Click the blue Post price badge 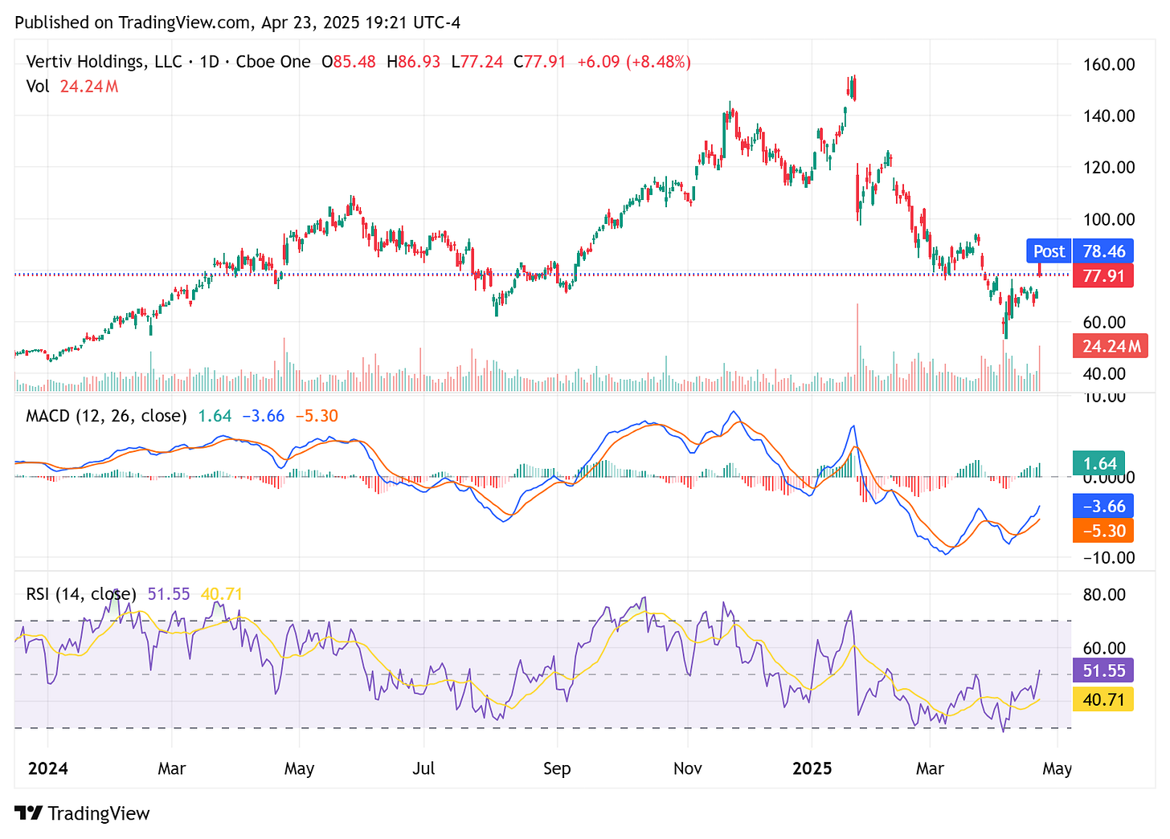(x=1080, y=251)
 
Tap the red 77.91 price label (x=1103, y=276)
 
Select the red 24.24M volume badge (x=1111, y=347)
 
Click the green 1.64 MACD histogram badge (x=1099, y=464)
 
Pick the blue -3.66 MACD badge (x=1103, y=507)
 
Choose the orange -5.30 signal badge (x=1103, y=531)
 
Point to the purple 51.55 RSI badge (x=1103, y=670)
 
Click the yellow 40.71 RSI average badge (x=1103, y=699)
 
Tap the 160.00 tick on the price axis (x=1109, y=65)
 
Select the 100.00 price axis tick (x=1109, y=219)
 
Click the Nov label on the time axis (x=687, y=769)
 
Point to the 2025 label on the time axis (x=812, y=769)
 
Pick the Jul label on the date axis (x=423, y=769)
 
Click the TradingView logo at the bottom (x=83, y=813)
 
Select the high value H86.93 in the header (x=413, y=62)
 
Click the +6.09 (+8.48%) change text (x=634, y=62)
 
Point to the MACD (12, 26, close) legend (x=106, y=416)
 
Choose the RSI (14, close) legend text (x=82, y=594)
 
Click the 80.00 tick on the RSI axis (x=1104, y=595)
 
